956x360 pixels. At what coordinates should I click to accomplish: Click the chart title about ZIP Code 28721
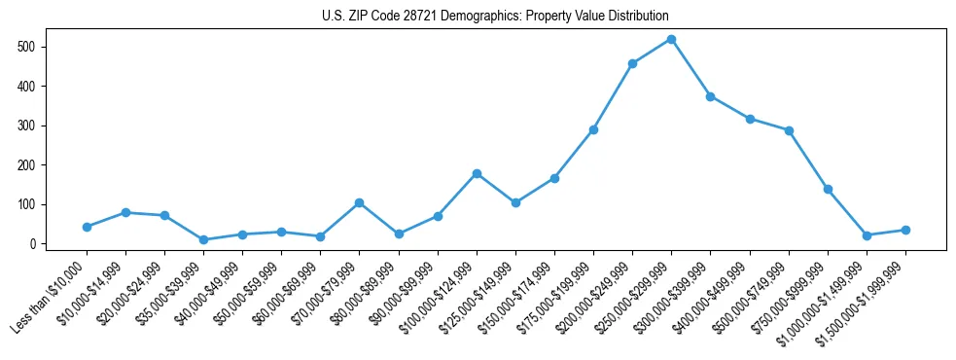(495, 16)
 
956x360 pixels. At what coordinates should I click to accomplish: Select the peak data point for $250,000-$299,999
(671, 39)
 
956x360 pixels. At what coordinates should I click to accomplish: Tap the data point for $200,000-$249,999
(632, 63)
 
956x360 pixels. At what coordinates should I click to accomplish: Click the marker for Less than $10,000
(87, 227)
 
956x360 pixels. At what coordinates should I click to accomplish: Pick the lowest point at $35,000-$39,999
(203, 239)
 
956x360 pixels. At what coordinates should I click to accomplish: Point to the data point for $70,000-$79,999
(359, 202)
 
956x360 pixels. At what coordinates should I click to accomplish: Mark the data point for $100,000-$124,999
(477, 173)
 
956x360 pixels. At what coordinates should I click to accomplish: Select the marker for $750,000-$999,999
(828, 189)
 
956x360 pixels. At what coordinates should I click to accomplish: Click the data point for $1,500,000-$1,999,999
(905, 230)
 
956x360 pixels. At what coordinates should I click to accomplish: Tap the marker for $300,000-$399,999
(710, 96)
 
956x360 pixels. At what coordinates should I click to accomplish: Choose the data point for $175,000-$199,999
(593, 129)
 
